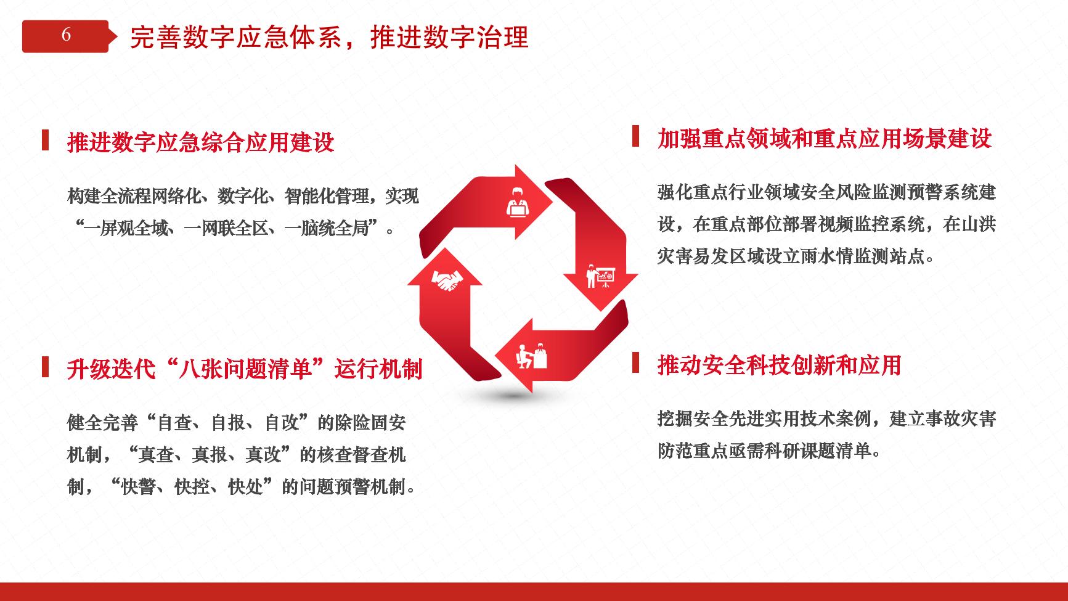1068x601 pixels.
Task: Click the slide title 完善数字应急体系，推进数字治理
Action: point(329,38)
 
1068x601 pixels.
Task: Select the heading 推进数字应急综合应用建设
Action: point(201,142)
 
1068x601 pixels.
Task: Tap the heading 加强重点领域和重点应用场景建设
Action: point(825,138)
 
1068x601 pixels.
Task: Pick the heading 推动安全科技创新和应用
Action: point(780,366)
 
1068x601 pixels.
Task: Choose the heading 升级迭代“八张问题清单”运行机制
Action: point(245,369)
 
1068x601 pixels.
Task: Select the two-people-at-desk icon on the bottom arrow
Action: point(531,356)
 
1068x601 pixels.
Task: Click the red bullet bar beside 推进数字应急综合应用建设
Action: point(45,140)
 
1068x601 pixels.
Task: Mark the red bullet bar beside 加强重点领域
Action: point(635,136)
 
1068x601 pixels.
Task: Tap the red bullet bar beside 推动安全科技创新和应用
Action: point(635,363)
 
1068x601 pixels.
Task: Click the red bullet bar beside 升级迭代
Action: point(45,367)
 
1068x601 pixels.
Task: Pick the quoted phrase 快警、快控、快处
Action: point(194,488)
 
